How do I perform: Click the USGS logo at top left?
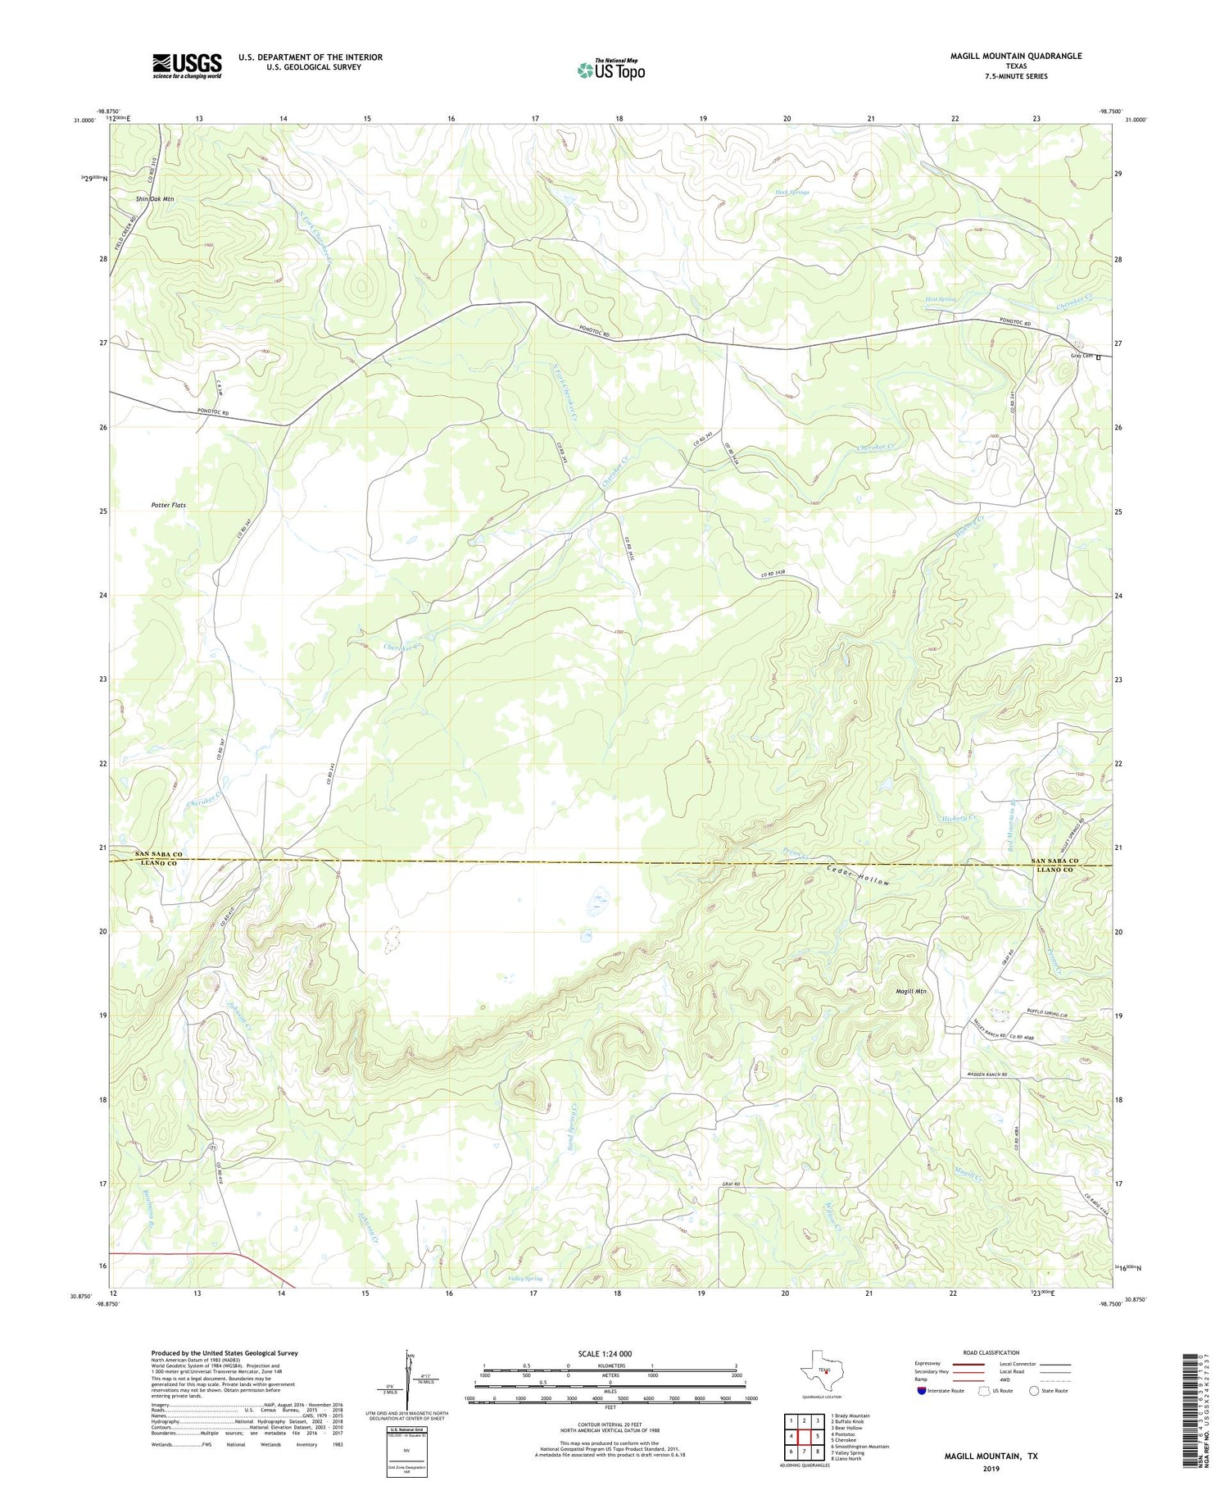(x=186, y=66)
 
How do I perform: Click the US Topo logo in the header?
(x=610, y=70)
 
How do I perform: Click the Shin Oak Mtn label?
(x=155, y=199)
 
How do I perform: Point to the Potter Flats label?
(x=168, y=505)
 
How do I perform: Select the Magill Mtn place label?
(x=910, y=992)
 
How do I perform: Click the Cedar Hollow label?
(x=858, y=875)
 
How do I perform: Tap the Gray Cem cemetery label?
(x=1082, y=356)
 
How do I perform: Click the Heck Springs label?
(x=791, y=193)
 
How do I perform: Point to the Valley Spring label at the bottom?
(x=525, y=1279)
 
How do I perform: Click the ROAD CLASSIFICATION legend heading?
(x=991, y=1352)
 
